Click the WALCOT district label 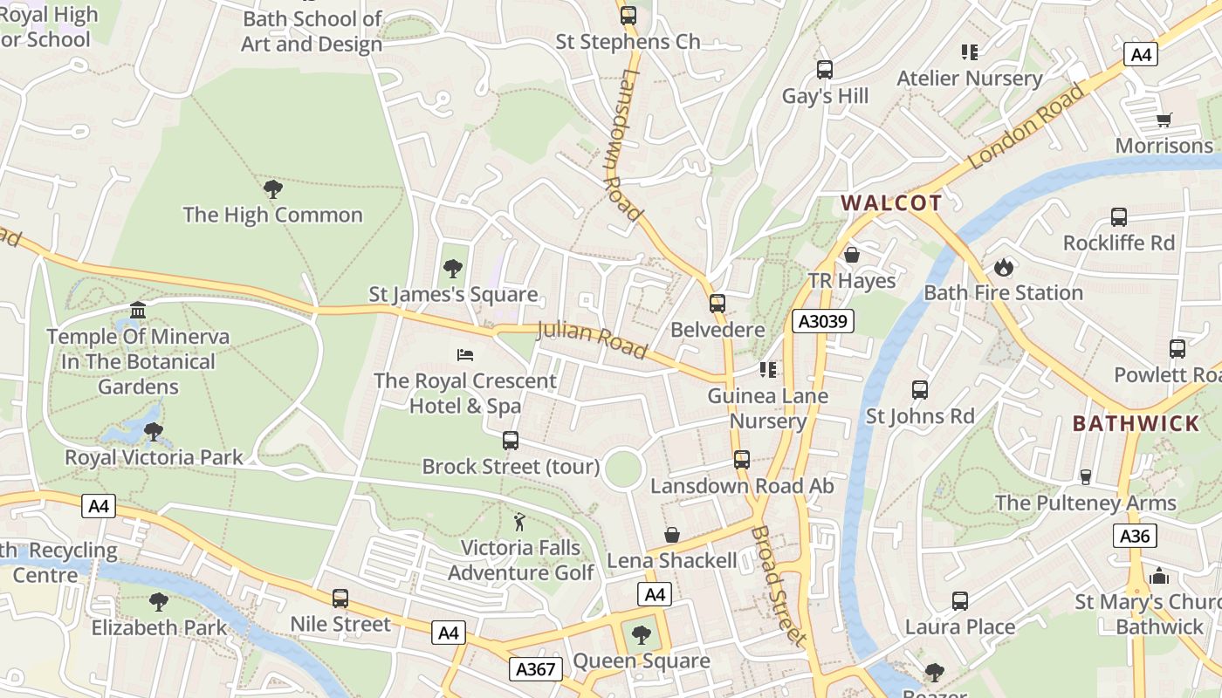[891, 203]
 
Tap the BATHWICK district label [1136, 424]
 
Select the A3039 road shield [822, 321]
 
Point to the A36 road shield [1135, 536]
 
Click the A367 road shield [536, 669]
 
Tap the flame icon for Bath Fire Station [1003, 266]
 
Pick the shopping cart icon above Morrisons [1164, 120]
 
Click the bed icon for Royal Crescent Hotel [465, 354]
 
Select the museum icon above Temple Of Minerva [138, 310]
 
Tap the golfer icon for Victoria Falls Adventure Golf [520, 522]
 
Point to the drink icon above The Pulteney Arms [1086, 476]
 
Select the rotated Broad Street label [779, 585]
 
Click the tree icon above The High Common [272, 188]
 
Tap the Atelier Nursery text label [970, 79]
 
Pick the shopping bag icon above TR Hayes [851, 255]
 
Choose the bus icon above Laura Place [960, 600]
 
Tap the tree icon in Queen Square [642, 634]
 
